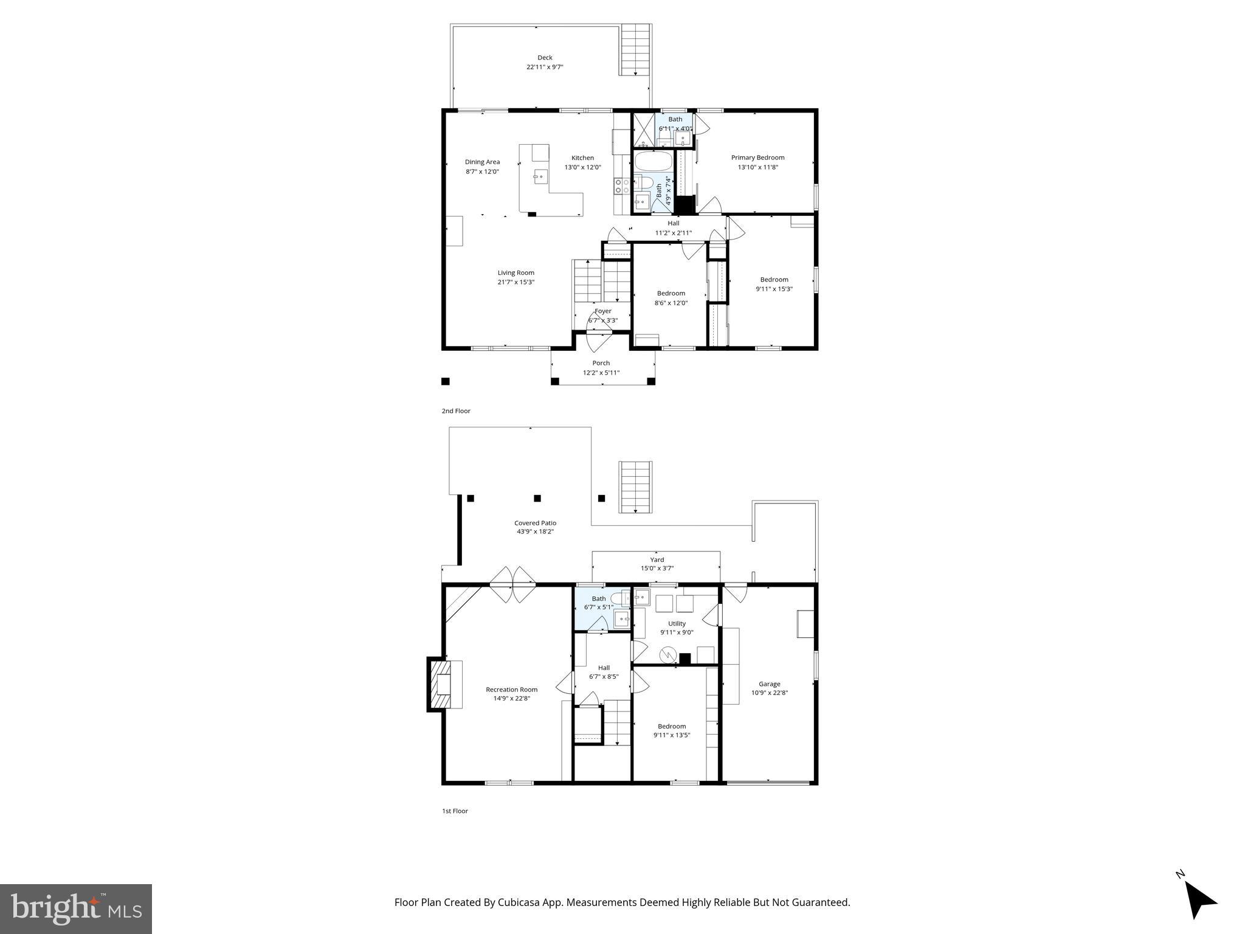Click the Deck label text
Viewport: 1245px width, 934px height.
tap(545, 58)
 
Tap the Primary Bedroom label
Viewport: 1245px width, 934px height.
tap(757, 157)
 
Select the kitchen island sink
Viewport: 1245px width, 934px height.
tap(114, 177)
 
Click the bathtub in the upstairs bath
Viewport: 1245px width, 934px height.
tap(654, 163)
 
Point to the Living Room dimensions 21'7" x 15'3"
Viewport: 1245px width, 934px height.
tap(516, 282)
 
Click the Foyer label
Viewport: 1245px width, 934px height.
tap(602, 311)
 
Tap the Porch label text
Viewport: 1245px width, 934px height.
tap(601, 363)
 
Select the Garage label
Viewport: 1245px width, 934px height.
tap(769, 684)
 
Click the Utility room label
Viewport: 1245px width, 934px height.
tap(677, 623)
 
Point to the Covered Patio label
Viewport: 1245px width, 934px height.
tap(535, 523)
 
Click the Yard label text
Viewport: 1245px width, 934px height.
tap(657, 560)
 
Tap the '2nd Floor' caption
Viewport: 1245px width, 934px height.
tap(456, 411)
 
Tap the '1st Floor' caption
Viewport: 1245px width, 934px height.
tap(455, 811)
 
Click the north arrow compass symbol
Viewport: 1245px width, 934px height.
tap(1198, 915)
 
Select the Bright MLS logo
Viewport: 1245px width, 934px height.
tap(76, 909)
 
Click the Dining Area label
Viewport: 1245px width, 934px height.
tap(482, 162)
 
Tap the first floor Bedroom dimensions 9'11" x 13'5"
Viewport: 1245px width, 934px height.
tap(671, 735)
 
